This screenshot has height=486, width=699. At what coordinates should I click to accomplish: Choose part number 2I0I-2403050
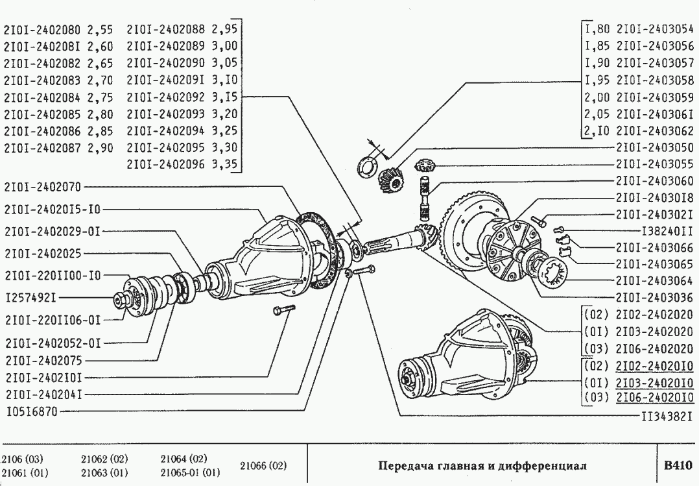click(x=655, y=147)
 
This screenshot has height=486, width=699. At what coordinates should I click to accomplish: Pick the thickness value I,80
click(x=597, y=29)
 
